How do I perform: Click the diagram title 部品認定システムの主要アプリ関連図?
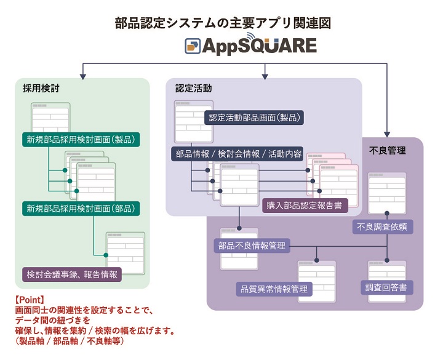[223, 23]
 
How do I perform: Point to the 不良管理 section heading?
[387, 150]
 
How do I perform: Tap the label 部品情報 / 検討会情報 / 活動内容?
[238, 154]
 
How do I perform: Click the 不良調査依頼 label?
[382, 226]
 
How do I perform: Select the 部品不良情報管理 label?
[251, 246]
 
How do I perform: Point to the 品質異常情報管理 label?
[274, 289]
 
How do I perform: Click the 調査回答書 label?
[386, 287]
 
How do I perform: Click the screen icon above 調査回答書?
[387, 270]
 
